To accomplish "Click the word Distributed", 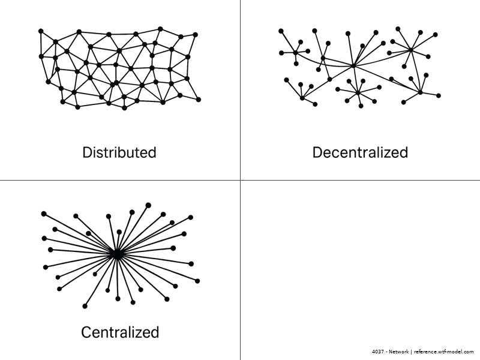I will coord(119,152).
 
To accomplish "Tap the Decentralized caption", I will coord(360,152).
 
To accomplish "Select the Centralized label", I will coord(120,332).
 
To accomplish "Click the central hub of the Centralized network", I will coord(116,254).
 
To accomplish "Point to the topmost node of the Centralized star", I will coord(148,205).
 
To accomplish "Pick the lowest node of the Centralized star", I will coord(85,307).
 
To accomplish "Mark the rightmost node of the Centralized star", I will coord(197,281).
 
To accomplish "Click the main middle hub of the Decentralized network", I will coord(354,66).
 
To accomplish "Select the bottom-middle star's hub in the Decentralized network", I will coord(358,92).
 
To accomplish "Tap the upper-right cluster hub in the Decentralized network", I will coord(411,50).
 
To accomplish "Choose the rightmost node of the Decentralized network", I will coord(439,95).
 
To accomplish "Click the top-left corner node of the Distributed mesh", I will coord(41,31).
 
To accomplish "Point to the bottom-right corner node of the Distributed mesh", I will coord(199,99).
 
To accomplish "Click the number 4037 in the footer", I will coord(377,352).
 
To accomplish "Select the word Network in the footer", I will coord(398,352).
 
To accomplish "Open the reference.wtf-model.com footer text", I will coord(444,352).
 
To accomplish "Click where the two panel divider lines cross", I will coord(240,179).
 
